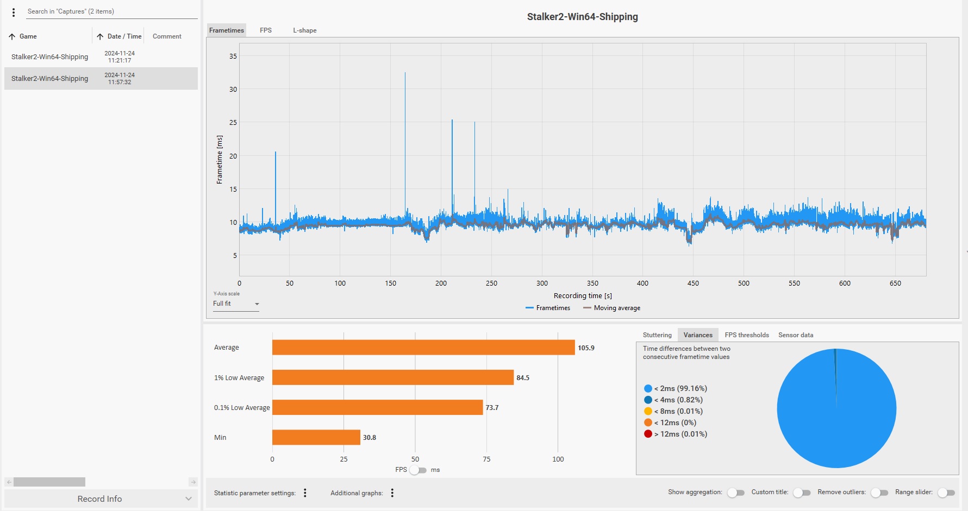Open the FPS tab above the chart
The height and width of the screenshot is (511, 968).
[265, 30]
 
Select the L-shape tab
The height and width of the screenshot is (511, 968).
[304, 30]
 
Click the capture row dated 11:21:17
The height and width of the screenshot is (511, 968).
[101, 56]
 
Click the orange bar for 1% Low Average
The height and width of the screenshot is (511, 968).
[393, 377]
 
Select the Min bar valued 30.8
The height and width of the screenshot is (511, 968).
[316, 437]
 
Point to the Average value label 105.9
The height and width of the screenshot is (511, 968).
[586, 348]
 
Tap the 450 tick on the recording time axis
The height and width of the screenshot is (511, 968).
[693, 283]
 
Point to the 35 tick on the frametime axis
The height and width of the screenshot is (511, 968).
[233, 56]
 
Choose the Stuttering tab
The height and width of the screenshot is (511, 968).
[657, 335]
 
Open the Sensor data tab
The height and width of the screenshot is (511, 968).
[796, 335]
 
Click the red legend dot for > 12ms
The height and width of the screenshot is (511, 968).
[648, 434]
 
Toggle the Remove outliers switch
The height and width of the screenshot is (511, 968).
[879, 493]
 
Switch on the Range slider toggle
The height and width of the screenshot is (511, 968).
[946, 493]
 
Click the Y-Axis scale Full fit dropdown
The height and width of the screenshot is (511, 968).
[236, 304]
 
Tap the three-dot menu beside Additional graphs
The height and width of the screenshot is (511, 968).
[392, 493]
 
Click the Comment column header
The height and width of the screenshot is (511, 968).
[167, 36]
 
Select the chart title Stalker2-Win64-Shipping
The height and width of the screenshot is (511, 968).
[583, 17]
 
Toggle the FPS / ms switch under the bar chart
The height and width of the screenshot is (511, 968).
[418, 470]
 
